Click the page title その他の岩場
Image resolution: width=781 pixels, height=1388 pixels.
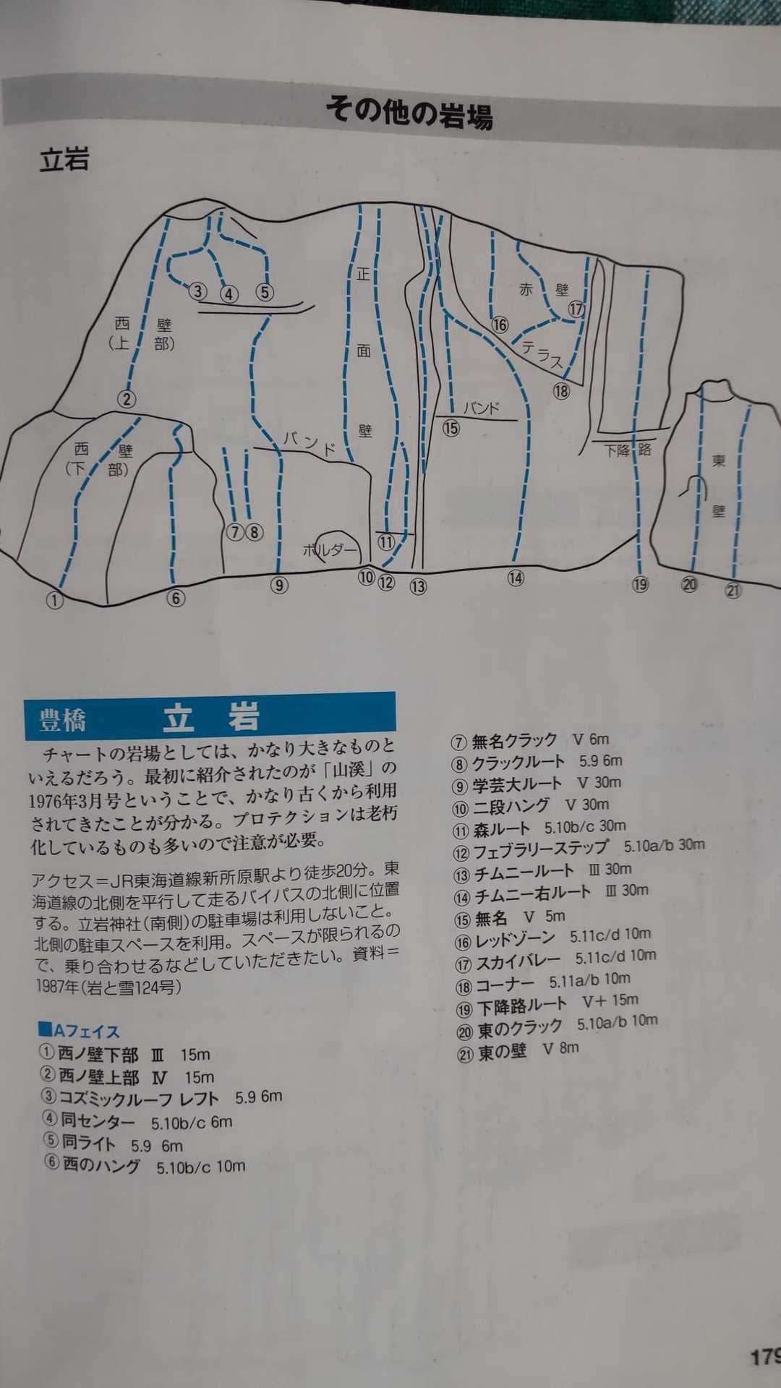(409, 113)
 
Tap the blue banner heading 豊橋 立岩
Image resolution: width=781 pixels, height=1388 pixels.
(210, 716)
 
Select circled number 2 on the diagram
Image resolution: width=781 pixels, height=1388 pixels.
(127, 398)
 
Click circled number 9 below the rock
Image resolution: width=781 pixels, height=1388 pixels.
(279, 585)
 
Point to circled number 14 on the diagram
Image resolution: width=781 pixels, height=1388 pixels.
(516, 578)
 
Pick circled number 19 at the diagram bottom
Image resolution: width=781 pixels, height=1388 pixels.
(640, 584)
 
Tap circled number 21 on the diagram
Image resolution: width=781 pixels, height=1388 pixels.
(733, 590)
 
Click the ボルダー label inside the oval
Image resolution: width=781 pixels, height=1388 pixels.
(330, 550)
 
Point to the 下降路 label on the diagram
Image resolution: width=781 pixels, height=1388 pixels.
(628, 450)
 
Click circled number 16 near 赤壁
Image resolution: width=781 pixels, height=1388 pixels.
(500, 325)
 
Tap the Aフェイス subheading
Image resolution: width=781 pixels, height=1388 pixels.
(79, 1030)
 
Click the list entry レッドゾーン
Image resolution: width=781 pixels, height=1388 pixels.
(514, 939)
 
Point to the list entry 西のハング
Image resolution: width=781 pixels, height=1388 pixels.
(101, 1165)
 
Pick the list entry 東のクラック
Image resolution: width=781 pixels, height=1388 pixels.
(520, 1027)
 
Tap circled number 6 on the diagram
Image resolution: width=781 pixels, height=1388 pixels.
(176, 598)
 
